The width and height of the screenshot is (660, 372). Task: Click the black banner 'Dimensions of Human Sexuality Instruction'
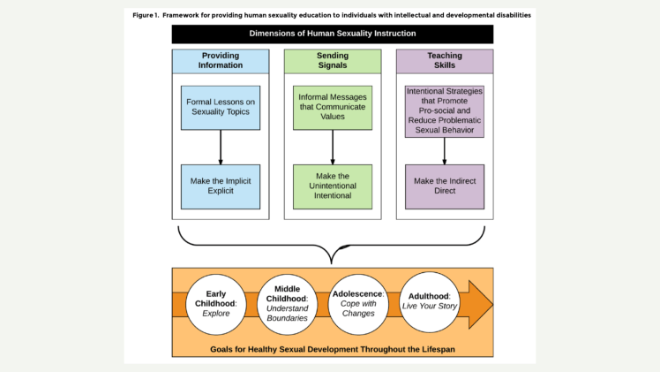pyautogui.click(x=332, y=34)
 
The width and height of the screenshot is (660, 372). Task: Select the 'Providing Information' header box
pyautogui.click(x=220, y=60)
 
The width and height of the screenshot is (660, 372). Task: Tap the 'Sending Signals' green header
pyautogui.click(x=332, y=60)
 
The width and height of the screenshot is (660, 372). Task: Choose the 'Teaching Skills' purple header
pyautogui.click(x=445, y=60)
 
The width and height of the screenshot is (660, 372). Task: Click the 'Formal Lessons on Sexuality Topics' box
pyautogui.click(x=220, y=107)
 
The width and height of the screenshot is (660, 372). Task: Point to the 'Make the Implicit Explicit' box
pyautogui.click(x=220, y=186)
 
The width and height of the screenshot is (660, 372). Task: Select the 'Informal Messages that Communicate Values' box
pyautogui.click(x=332, y=107)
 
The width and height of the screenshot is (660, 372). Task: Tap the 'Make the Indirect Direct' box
pyautogui.click(x=445, y=186)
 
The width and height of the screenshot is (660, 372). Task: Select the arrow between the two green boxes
pyautogui.click(x=332, y=148)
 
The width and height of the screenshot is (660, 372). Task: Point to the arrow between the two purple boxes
pyautogui.click(x=445, y=149)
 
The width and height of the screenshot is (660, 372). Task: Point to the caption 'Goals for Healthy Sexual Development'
pyautogui.click(x=332, y=348)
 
